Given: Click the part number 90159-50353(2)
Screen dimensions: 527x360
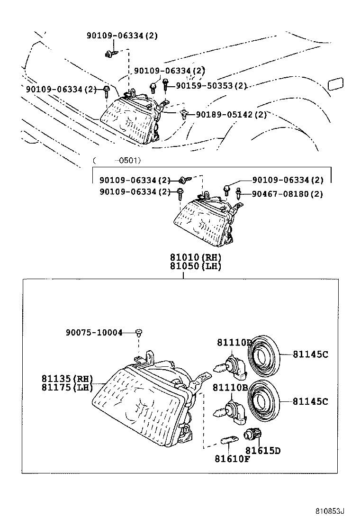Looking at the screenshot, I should tap(212, 86).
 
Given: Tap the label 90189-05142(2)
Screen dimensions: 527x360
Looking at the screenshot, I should tap(231, 115).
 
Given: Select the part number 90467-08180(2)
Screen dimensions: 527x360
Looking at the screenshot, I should tap(287, 194).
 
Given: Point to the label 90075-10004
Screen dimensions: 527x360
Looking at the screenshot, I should tap(94, 333).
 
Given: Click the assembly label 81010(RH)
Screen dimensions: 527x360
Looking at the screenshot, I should tap(196, 257).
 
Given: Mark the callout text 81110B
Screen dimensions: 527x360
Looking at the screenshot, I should tap(230, 388).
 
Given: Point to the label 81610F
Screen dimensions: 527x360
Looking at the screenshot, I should tap(232, 459).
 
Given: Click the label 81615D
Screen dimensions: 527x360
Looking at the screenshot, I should tap(263, 450).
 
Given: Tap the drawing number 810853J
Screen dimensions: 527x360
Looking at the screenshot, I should tap(330, 511).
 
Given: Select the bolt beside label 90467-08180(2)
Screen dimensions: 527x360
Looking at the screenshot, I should tap(239, 193).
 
